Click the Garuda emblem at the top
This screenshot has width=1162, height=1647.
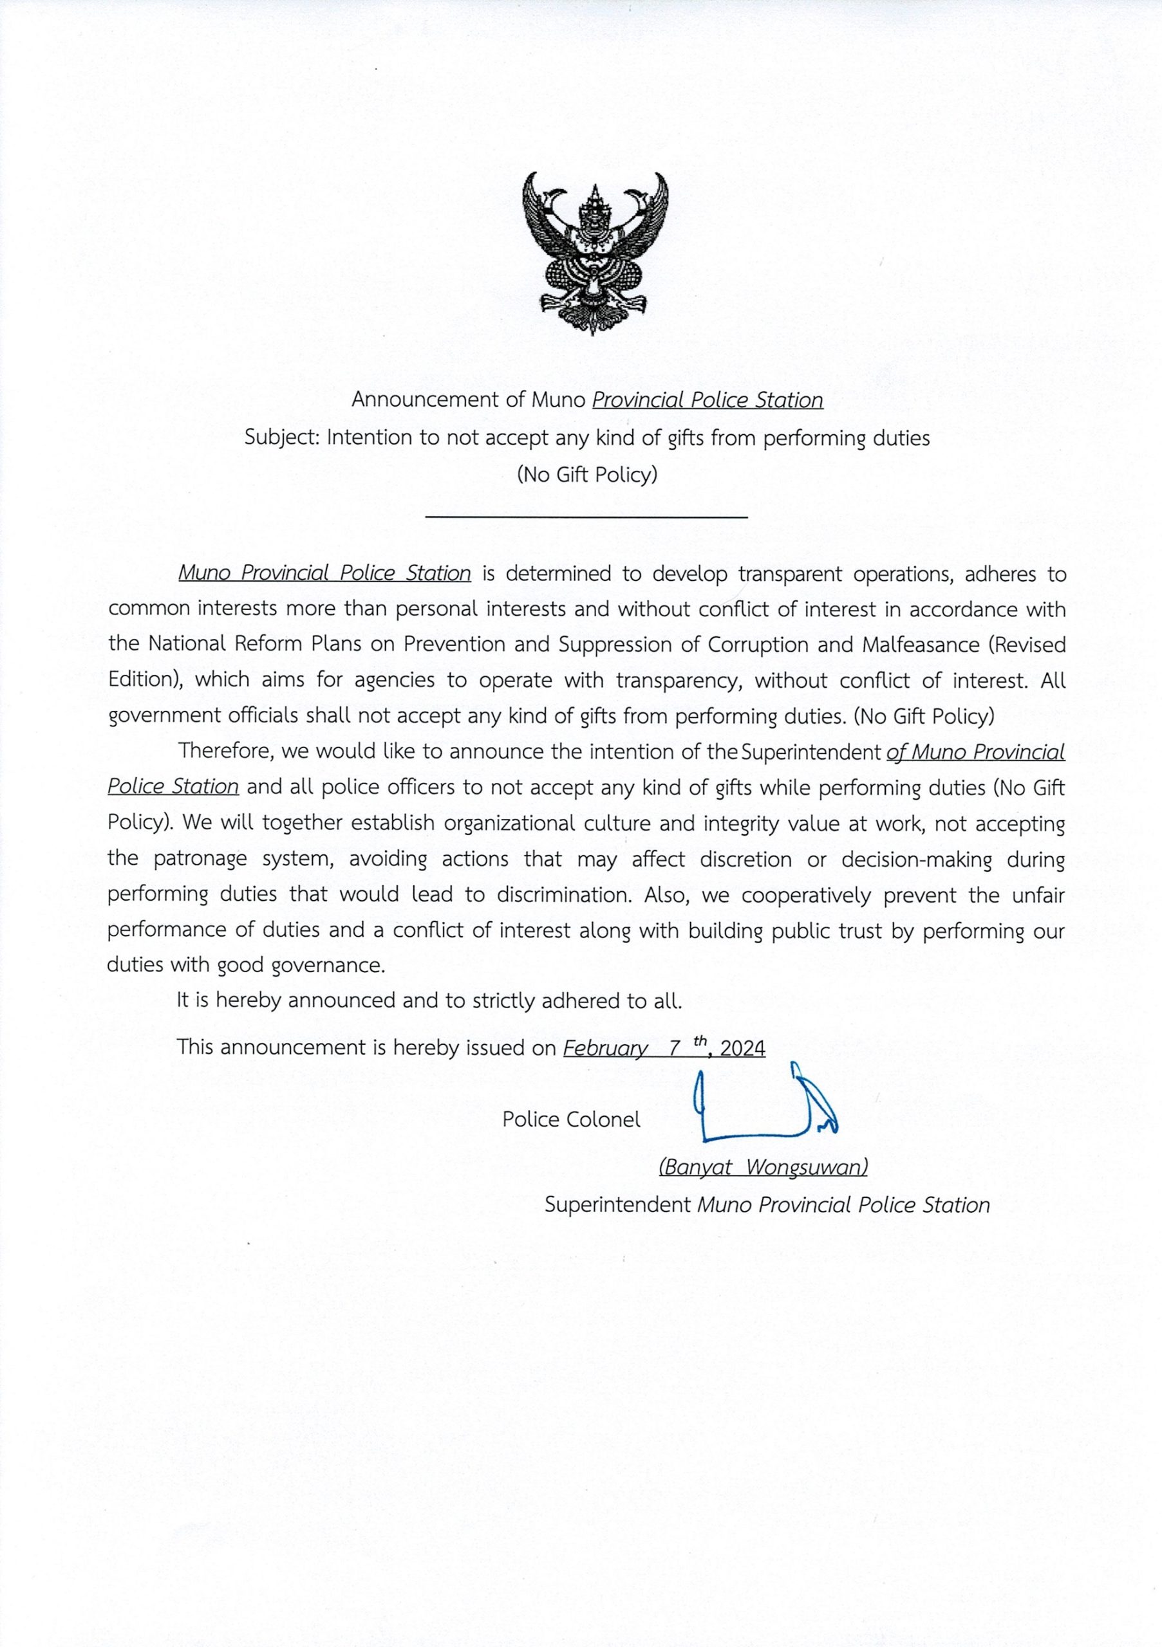[595, 252]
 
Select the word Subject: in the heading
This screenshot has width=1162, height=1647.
[283, 437]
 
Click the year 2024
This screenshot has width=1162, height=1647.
[742, 1048]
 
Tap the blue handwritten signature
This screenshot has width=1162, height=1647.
[765, 1104]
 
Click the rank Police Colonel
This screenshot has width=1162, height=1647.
[571, 1119]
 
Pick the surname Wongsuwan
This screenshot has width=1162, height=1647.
[806, 1167]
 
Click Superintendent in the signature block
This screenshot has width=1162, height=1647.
[617, 1204]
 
